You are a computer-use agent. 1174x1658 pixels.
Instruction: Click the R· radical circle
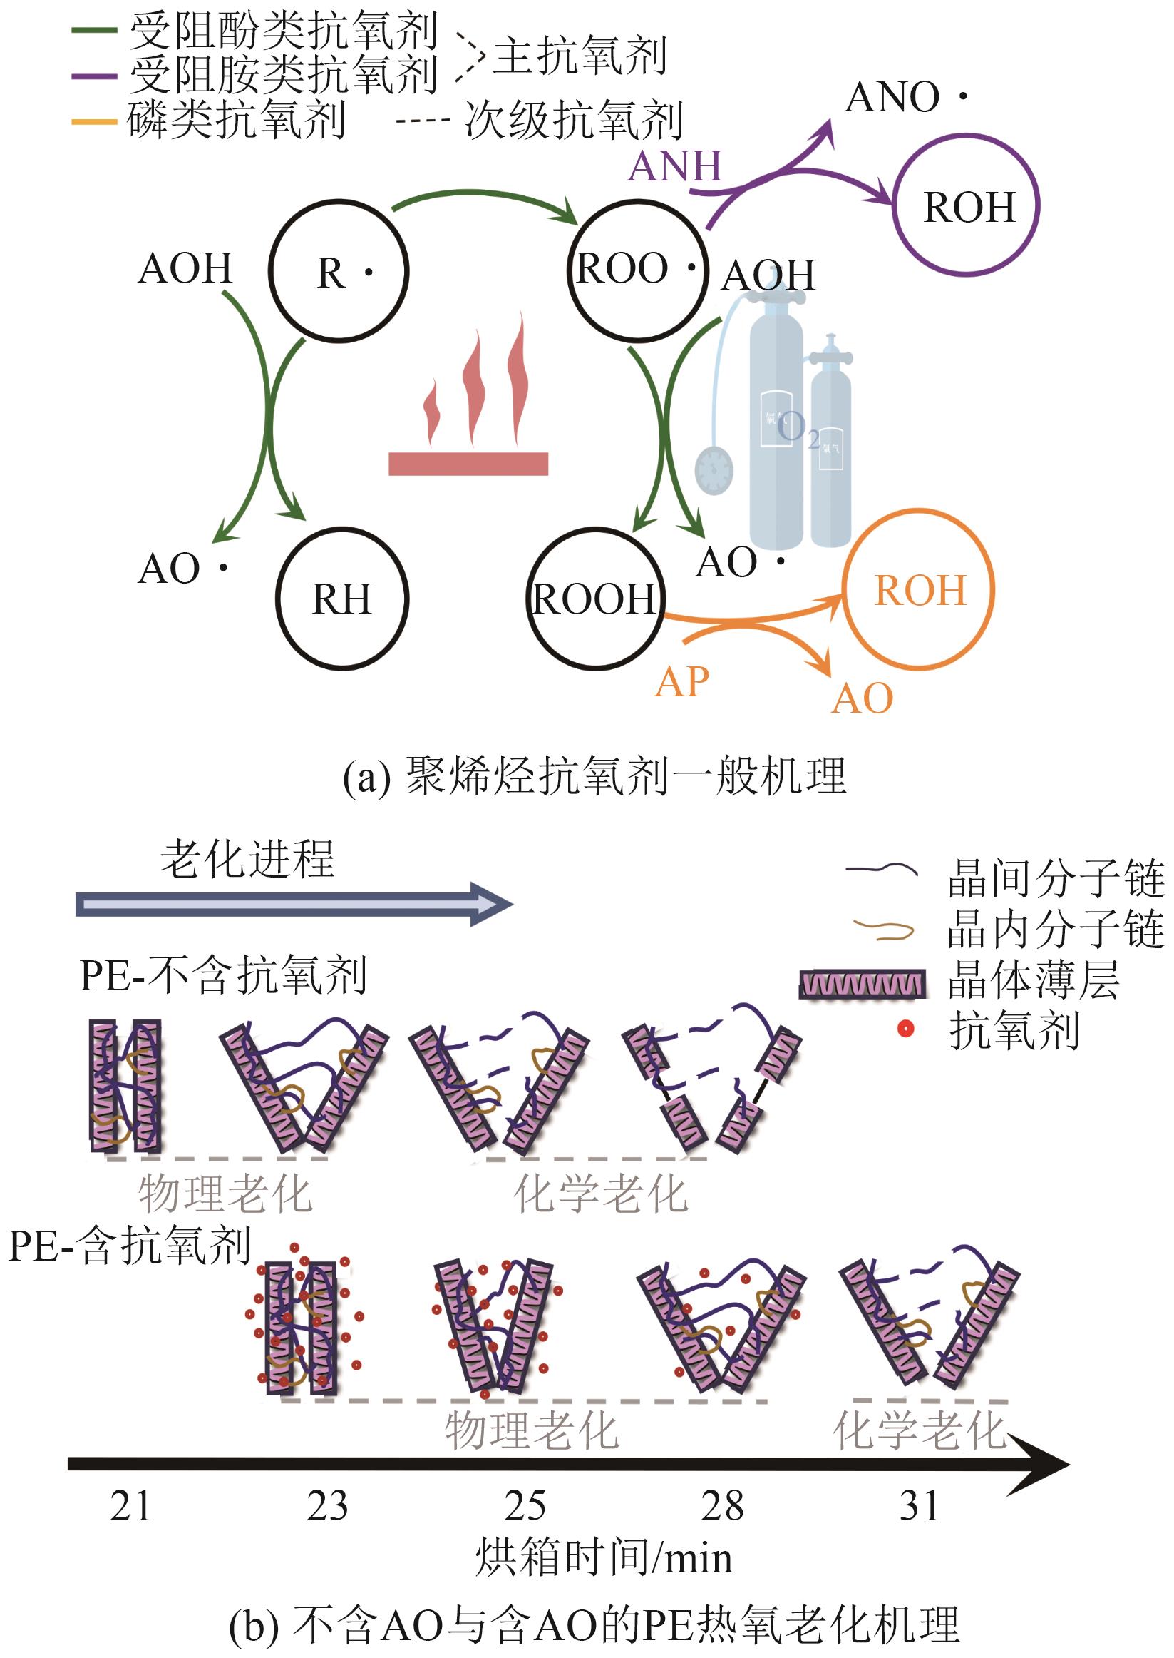[339, 271]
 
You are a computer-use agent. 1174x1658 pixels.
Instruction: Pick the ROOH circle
[595, 599]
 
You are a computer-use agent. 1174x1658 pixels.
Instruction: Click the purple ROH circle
[967, 205]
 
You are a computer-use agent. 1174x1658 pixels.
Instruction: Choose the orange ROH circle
[919, 589]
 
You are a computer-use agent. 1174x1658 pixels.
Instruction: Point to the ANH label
[675, 166]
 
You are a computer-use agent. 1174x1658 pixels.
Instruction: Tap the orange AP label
[681, 681]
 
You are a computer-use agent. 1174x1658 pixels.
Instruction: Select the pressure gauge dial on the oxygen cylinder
[714, 470]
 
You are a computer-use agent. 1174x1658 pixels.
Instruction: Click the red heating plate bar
[468, 463]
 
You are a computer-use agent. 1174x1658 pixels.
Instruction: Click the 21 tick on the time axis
[131, 1506]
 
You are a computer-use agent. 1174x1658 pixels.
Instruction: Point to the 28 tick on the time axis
[721, 1506]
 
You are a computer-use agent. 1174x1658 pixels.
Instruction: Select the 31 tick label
[919, 1506]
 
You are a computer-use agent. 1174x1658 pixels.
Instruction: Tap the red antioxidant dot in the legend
[905, 1029]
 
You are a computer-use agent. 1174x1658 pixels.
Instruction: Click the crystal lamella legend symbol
[863, 984]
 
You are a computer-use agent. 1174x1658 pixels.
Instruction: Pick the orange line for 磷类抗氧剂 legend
[94, 121]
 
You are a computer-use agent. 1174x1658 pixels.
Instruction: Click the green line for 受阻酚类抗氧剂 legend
[94, 31]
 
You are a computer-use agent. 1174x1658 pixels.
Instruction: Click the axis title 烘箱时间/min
[604, 1557]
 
